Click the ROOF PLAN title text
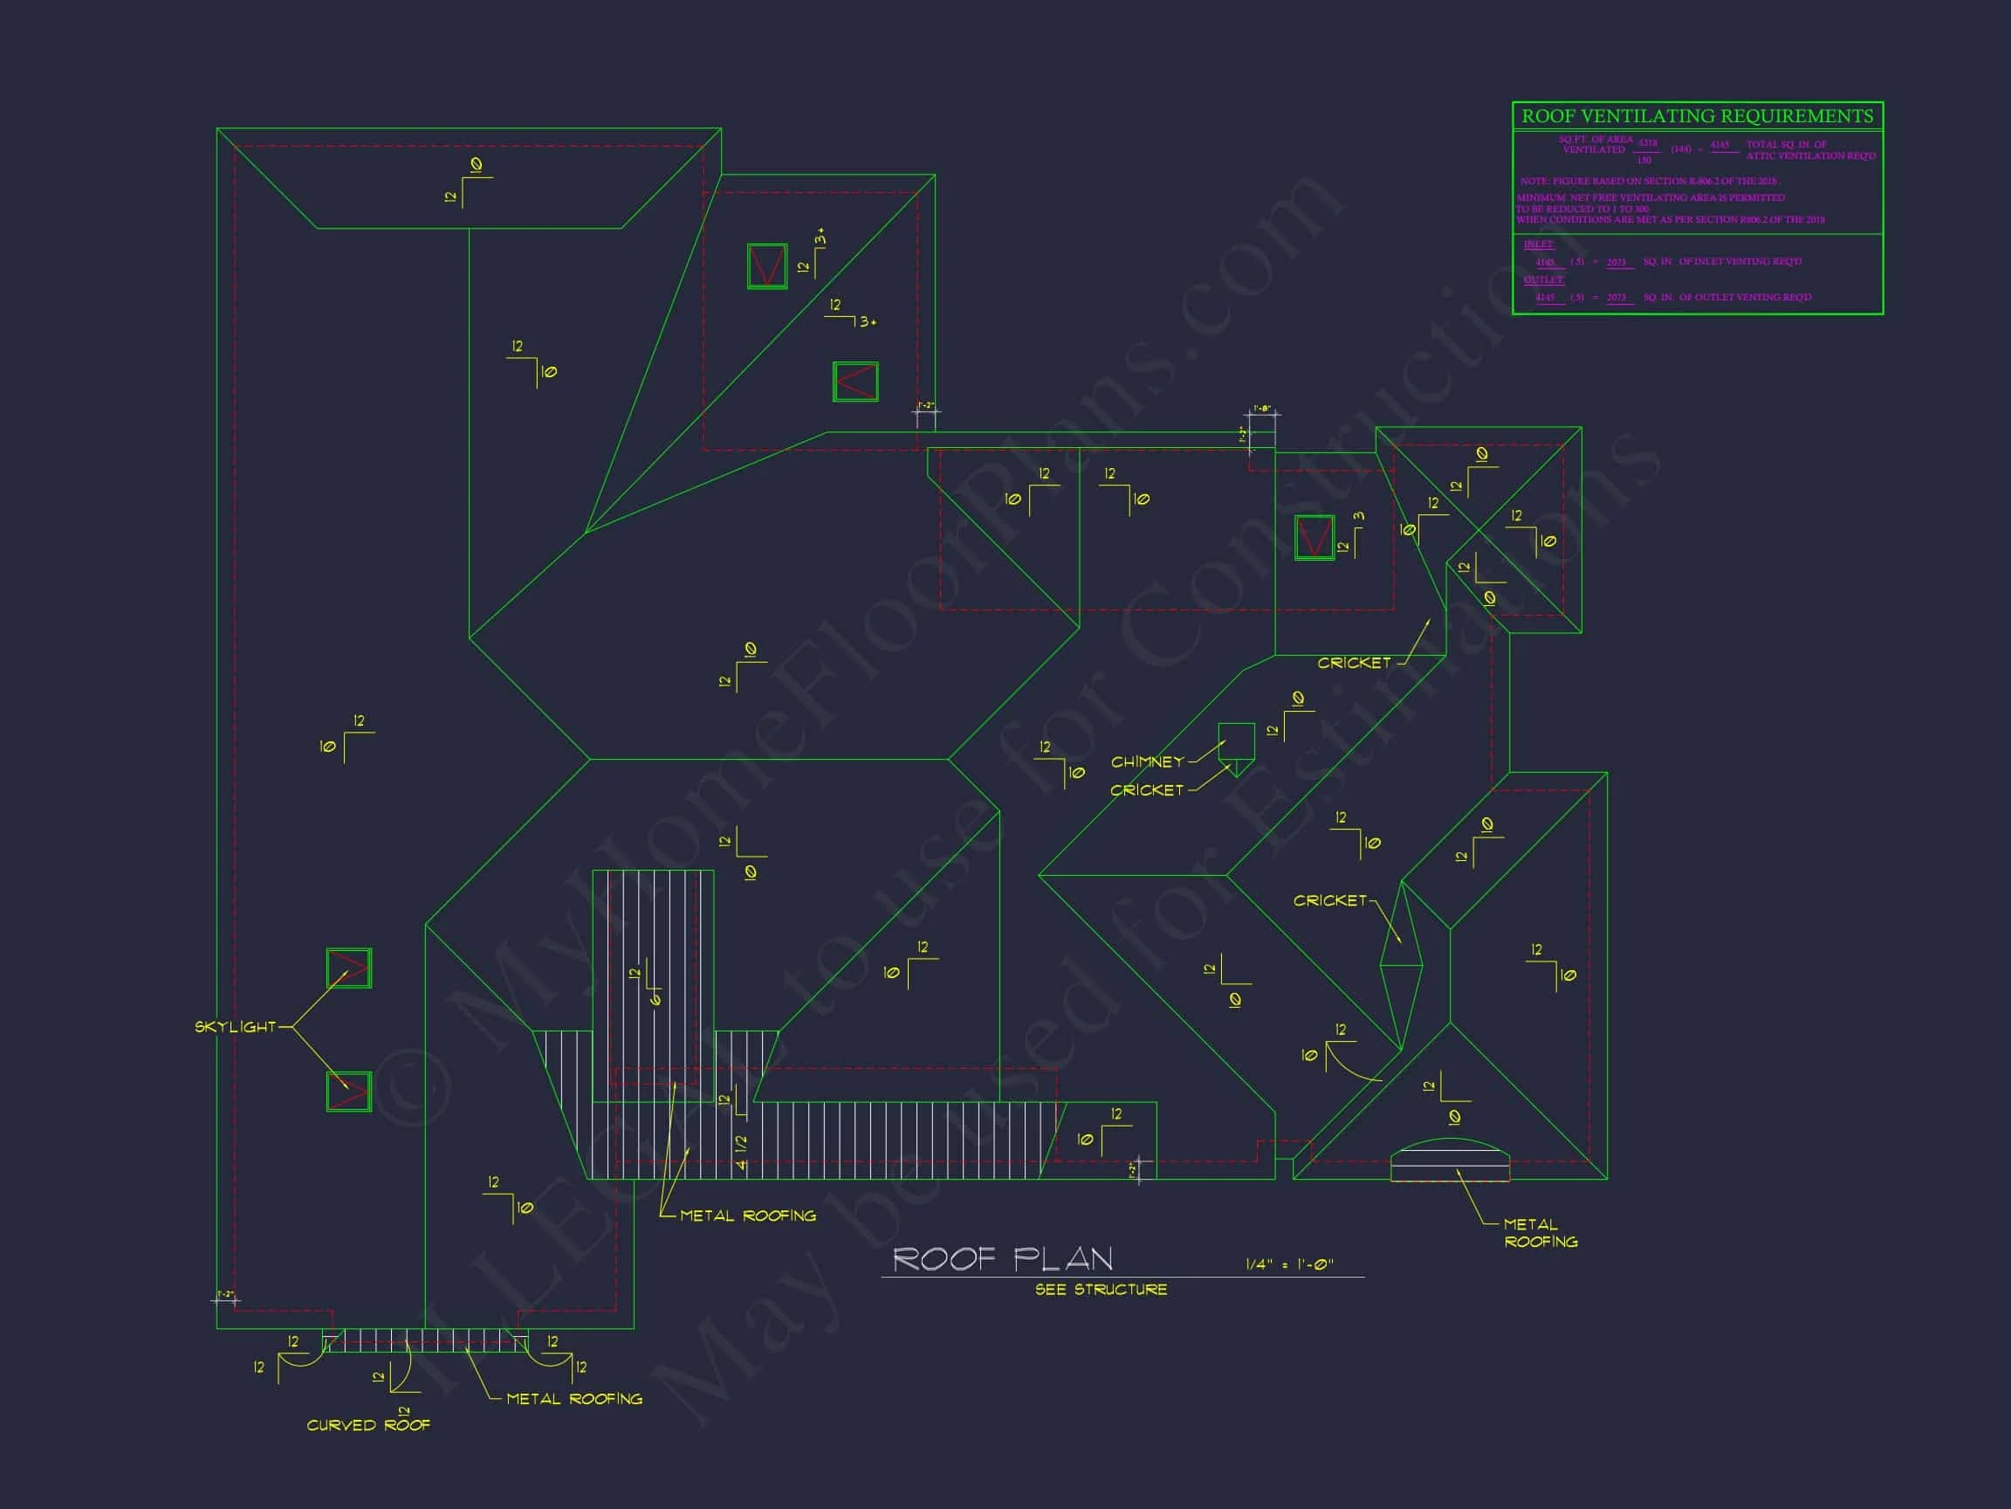pyautogui.click(x=1002, y=1259)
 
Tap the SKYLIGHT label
pyautogui.click(x=235, y=1027)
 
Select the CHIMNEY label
pyautogui.click(x=1147, y=761)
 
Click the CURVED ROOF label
pyautogui.click(x=368, y=1425)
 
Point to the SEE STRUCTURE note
pyautogui.click(x=1101, y=1290)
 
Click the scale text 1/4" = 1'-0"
pyautogui.click(x=1289, y=1264)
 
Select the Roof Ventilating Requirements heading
pyautogui.click(x=1698, y=116)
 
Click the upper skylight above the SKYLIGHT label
pyautogui.click(x=349, y=968)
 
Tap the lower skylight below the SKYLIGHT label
pyautogui.click(x=349, y=1092)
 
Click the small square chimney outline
pyautogui.click(x=1237, y=741)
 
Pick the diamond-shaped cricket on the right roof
pyautogui.click(x=1401, y=965)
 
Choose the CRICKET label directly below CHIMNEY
pyautogui.click(x=1146, y=790)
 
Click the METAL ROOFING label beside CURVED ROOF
pyautogui.click(x=573, y=1399)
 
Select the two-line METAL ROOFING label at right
pyautogui.click(x=1540, y=1233)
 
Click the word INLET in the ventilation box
pyautogui.click(x=1538, y=245)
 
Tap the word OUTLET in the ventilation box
pyautogui.click(x=1543, y=279)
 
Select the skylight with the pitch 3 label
pyautogui.click(x=1314, y=537)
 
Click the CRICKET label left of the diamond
pyautogui.click(x=1329, y=900)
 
